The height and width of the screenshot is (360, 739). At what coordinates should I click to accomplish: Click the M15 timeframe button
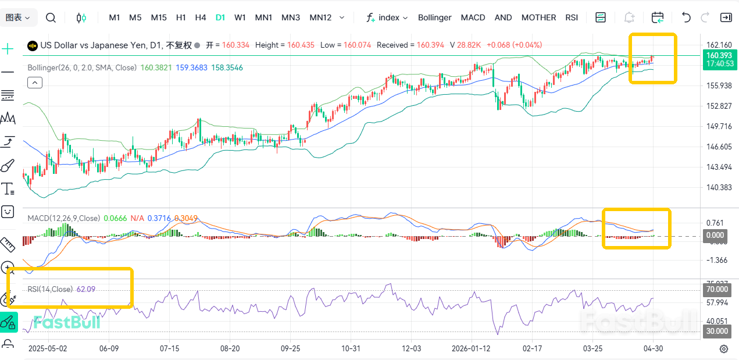pyautogui.click(x=159, y=17)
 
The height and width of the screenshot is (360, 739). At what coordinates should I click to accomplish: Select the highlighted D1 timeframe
pyautogui.click(x=220, y=17)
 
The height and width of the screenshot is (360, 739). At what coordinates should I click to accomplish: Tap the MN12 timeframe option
pyautogui.click(x=320, y=17)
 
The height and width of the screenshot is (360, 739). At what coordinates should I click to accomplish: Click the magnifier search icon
pyautogui.click(x=51, y=17)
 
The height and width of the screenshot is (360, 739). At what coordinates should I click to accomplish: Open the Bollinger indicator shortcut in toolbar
pyautogui.click(x=434, y=17)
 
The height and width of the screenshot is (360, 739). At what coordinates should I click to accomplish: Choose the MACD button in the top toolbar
pyautogui.click(x=473, y=17)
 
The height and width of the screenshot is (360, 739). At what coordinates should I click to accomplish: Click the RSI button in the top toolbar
pyautogui.click(x=572, y=17)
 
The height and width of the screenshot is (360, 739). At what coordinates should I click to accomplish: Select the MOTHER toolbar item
pyautogui.click(x=538, y=17)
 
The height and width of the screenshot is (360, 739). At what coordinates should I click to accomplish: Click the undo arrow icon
pyautogui.click(x=686, y=17)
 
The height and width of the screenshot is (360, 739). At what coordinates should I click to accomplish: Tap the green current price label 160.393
pyautogui.click(x=718, y=55)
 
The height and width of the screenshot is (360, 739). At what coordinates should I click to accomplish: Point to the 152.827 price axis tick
pyautogui.click(x=719, y=106)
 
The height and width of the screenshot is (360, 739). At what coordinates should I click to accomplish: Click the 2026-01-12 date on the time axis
pyautogui.click(x=471, y=348)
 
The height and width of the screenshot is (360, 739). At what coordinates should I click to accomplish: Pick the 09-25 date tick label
pyautogui.click(x=290, y=348)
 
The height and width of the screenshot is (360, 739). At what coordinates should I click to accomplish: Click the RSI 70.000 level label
pyautogui.click(x=717, y=289)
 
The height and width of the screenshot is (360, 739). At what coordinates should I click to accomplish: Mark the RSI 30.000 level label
pyautogui.click(x=717, y=332)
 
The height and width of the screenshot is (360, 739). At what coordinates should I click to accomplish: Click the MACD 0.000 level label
pyautogui.click(x=715, y=236)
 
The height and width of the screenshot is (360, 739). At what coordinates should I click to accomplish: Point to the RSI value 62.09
pyautogui.click(x=86, y=289)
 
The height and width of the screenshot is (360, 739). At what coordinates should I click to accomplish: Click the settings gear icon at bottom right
pyautogui.click(x=724, y=348)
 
